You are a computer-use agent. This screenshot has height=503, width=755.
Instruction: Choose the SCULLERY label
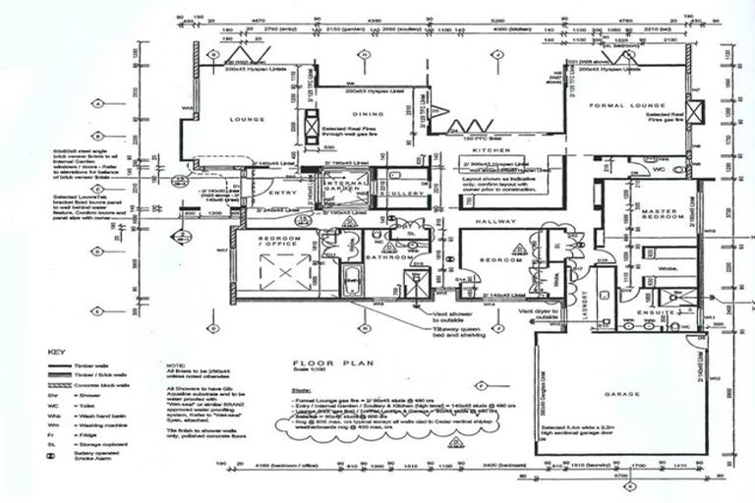click(404, 195)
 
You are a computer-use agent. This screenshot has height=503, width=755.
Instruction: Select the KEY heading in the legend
click(57, 351)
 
